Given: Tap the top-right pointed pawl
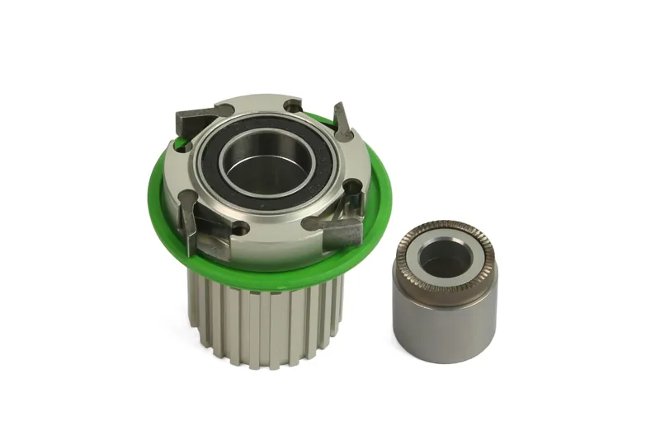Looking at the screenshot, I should (342, 121).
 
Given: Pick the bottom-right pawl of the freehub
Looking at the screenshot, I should (334, 225).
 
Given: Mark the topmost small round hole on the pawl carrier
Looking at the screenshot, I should (293, 105).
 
